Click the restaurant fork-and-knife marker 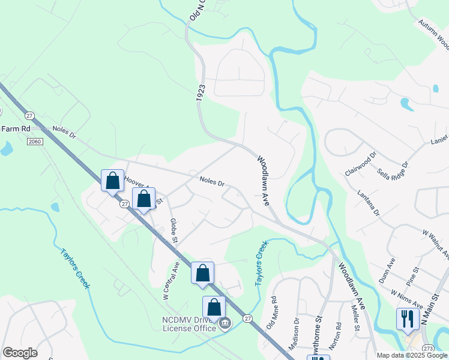pyautogui.click(x=408, y=318)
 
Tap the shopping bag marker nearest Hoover pyautogui.click(x=112, y=180)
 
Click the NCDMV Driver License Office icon pyautogui.click(x=224, y=325)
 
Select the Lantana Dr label pyautogui.click(x=368, y=203)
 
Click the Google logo pyautogui.click(x=20, y=353)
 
